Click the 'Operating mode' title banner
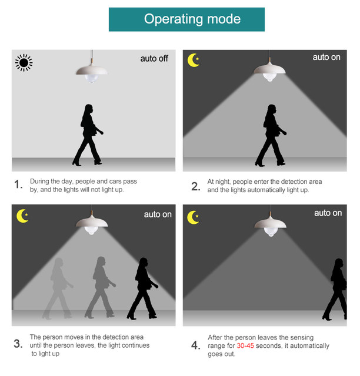[x=186, y=19]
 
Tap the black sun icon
[x=24, y=63]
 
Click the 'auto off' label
[x=154, y=59]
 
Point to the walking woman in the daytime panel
[x=88, y=135]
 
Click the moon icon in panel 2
[x=194, y=60]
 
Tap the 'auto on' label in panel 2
[x=326, y=58]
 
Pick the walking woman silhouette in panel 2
[x=271, y=135]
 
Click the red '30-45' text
[x=245, y=345]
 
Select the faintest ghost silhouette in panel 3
[x=58, y=288]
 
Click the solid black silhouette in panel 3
[x=143, y=288]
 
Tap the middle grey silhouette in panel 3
[x=101, y=288]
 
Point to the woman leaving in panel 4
[x=335, y=289]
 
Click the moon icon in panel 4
[x=193, y=217]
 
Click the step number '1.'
[x=18, y=184]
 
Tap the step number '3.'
[x=18, y=343]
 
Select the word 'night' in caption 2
[x=222, y=182]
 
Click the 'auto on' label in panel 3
[x=158, y=214]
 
